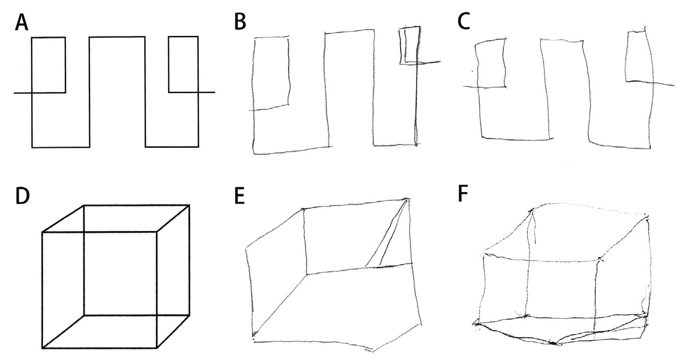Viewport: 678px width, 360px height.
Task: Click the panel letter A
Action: (x=22, y=23)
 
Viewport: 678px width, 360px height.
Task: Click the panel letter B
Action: (x=240, y=22)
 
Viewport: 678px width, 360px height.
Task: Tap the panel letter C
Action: (x=464, y=22)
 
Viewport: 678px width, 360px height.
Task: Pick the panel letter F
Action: (x=463, y=194)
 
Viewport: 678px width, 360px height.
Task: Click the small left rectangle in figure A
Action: (x=48, y=65)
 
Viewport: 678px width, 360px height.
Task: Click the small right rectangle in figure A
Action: (x=184, y=65)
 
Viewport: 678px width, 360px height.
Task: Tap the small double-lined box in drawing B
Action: (x=409, y=45)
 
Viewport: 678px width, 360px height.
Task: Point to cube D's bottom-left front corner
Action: (x=42, y=348)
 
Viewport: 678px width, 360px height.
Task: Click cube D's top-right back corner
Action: (x=189, y=206)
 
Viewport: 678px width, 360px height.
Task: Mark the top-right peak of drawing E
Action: (x=407, y=199)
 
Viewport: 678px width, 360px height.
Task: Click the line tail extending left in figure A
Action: (x=22, y=93)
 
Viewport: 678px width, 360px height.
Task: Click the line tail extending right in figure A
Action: (x=207, y=92)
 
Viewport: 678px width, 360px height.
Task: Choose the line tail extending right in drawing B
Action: (x=429, y=62)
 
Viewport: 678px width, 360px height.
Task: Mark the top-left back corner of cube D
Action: (x=84, y=206)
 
